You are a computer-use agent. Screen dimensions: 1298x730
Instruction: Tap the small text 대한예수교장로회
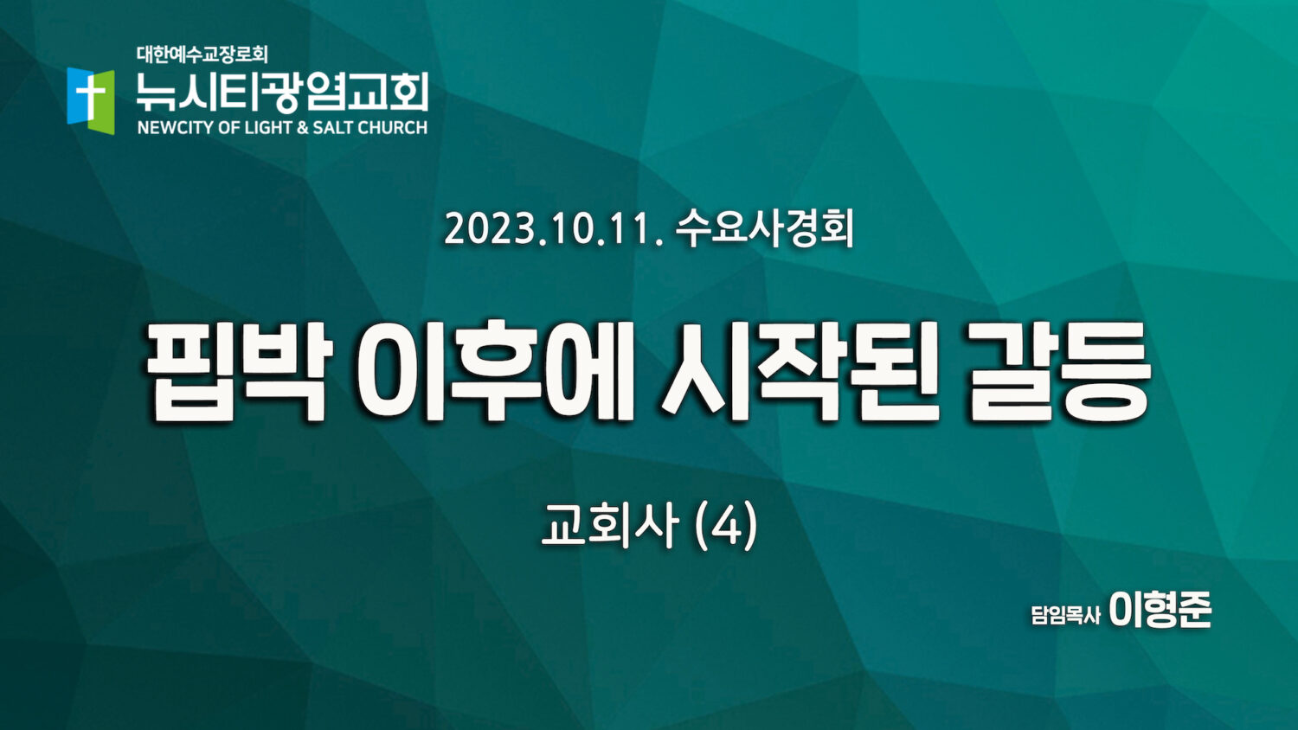point(202,55)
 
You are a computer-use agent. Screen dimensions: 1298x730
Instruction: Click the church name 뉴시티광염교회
point(283,92)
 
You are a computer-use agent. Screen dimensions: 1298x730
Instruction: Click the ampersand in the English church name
point(303,127)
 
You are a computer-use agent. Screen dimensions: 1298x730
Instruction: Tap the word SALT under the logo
point(333,127)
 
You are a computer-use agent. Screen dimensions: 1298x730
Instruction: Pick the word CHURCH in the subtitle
point(393,127)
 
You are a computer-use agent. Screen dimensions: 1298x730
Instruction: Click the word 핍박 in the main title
point(239,371)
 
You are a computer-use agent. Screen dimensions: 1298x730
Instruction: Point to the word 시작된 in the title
point(801,371)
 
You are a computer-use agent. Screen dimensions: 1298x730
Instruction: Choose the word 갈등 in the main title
point(1059,371)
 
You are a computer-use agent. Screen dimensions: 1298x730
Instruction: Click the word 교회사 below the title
point(610,525)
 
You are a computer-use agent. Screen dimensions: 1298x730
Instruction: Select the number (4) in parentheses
point(725,526)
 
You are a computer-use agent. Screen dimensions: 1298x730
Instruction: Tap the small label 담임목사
point(1065,615)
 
